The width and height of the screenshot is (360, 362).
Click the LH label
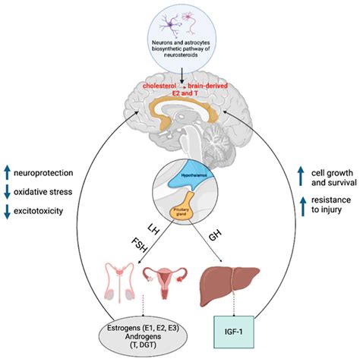click(155, 230)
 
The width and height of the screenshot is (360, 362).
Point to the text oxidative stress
click(55, 190)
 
